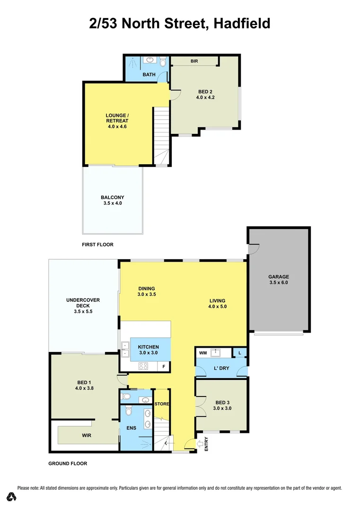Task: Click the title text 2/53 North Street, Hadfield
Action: click(x=180, y=23)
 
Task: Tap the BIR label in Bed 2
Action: click(x=194, y=61)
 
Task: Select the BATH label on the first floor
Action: click(x=149, y=74)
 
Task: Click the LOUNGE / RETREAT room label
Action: click(x=117, y=121)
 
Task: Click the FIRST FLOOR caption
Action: click(x=98, y=245)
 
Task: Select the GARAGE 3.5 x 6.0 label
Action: click(x=278, y=280)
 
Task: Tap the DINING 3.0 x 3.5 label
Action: click(x=147, y=291)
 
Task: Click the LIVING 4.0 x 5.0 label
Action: click(x=218, y=304)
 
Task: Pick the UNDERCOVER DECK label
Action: click(x=83, y=306)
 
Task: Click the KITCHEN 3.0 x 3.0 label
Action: click(x=149, y=350)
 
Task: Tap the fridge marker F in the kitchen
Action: click(x=164, y=366)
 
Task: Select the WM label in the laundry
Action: click(x=202, y=352)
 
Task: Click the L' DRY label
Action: click(x=222, y=368)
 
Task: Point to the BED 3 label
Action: click(x=222, y=405)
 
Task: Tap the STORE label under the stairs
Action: click(x=162, y=404)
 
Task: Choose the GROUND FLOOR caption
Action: click(x=68, y=464)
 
